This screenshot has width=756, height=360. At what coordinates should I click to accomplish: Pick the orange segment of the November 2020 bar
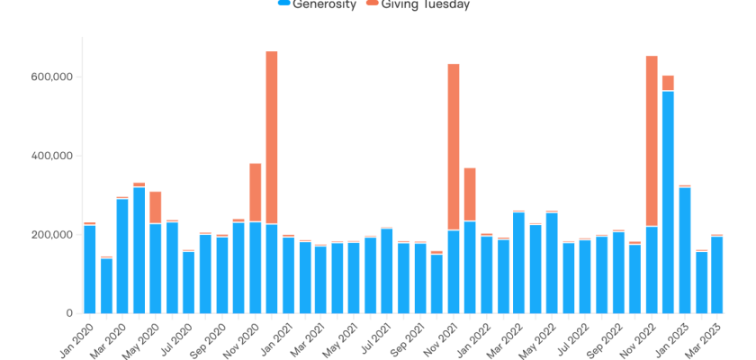pyautogui.click(x=255, y=193)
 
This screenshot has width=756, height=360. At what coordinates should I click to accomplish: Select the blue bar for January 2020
pyautogui.click(x=89, y=269)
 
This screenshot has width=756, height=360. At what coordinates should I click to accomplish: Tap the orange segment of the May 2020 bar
pyautogui.click(x=156, y=208)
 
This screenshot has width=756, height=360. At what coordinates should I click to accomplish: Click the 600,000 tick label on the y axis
pyautogui.click(x=53, y=77)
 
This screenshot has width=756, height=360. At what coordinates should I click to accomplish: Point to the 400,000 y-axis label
pyautogui.click(x=53, y=156)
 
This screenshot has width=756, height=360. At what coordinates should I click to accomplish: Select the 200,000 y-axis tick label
pyautogui.click(x=53, y=235)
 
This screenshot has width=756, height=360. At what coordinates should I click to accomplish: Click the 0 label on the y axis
pyautogui.click(x=68, y=313)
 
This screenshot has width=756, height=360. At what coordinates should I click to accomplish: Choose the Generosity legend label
pyautogui.click(x=325, y=4)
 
